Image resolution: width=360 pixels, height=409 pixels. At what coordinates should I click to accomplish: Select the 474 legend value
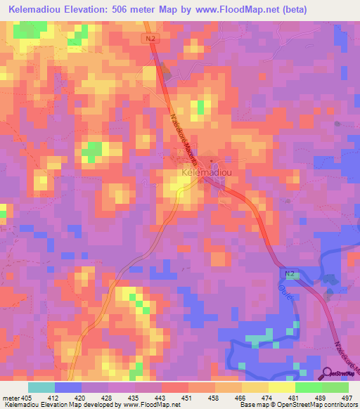click(268, 398)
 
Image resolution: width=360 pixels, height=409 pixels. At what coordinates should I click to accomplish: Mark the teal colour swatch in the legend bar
click(41, 387)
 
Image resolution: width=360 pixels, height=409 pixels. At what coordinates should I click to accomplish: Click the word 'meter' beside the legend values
click(11, 398)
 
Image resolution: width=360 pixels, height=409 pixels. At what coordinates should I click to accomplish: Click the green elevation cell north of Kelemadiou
click(200, 107)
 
